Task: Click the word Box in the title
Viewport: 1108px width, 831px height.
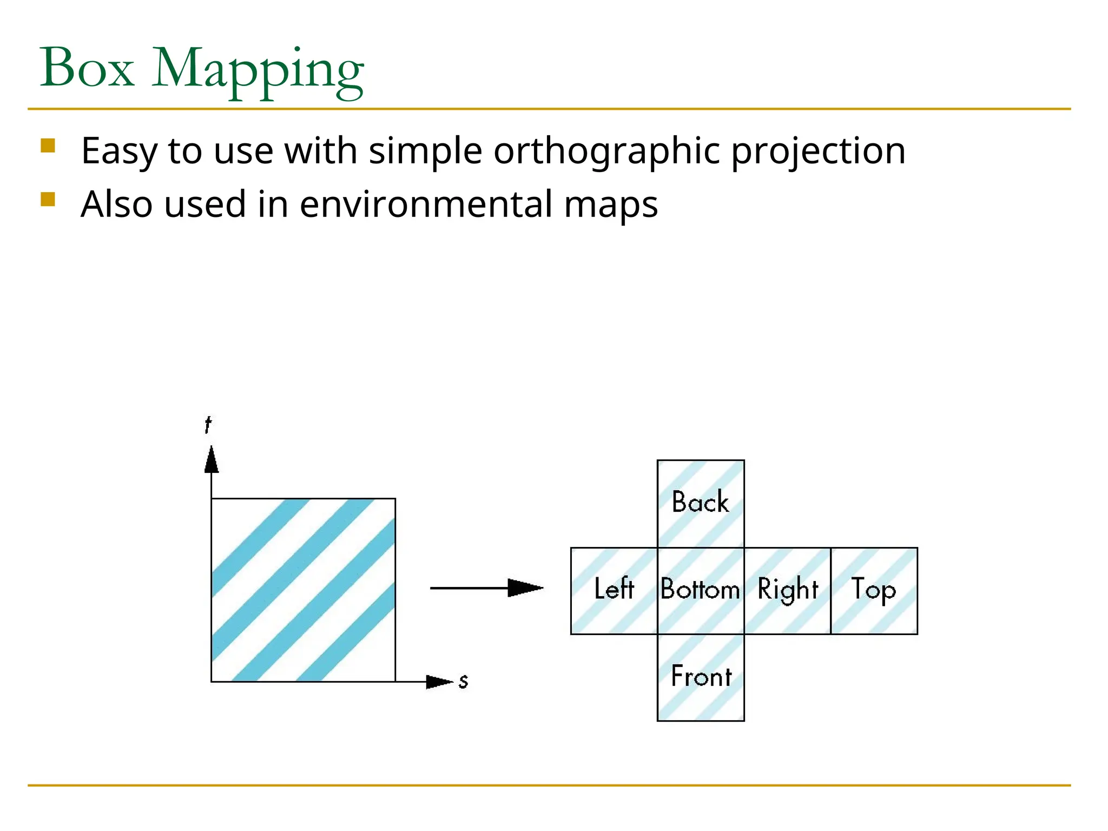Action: tap(87, 68)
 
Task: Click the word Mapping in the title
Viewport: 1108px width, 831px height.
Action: tap(258, 71)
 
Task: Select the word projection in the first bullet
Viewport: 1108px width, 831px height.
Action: tap(818, 151)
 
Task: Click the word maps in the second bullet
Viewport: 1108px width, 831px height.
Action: tap(611, 206)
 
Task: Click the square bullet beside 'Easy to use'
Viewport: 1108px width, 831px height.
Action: tap(48, 146)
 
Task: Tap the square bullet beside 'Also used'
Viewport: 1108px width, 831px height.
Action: tap(48, 200)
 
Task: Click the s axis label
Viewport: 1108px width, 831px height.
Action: tap(463, 682)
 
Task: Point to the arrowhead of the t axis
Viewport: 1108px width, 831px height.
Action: tap(212, 460)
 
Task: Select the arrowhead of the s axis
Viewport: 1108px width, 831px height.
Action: tap(439, 682)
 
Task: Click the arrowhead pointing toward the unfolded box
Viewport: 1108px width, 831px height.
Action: tap(525, 588)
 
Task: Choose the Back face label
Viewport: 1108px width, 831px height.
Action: tap(700, 502)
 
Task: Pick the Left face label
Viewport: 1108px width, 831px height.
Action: tap(614, 589)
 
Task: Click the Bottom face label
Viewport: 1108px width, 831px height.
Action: tap(700, 589)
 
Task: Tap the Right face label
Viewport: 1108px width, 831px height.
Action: tap(787, 590)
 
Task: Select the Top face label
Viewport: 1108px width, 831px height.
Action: tap(873, 590)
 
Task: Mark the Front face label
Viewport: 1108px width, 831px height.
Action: tap(701, 676)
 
